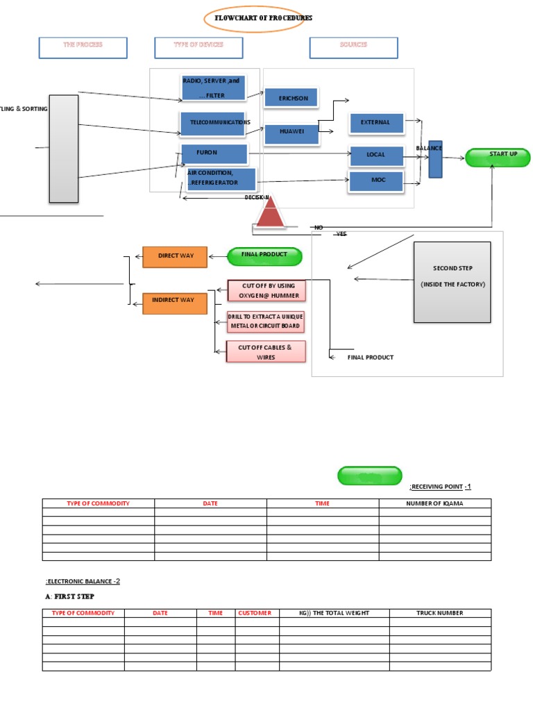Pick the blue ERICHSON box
click(x=291, y=98)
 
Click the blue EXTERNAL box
click(x=376, y=123)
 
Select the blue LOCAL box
click(x=376, y=155)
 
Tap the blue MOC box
click(x=376, y=181)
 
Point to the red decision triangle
click(x=270, y=213)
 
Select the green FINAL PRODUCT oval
click(x=264, y=256)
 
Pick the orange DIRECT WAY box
click(x=175, y=257)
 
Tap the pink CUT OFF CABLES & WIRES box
click(x=266, y=352)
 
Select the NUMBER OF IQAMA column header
click(x=434, y=503)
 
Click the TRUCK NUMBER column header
click(x=440, y=613)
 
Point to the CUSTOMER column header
click(x=257, y=613)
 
